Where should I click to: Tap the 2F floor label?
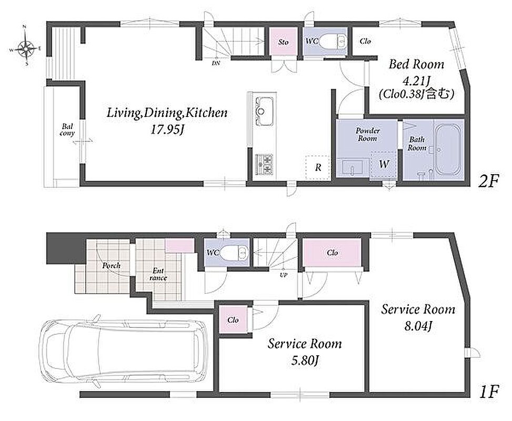[x=488, y=181]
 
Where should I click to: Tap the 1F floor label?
[x=489, y=392]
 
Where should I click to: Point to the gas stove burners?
[x=264, y=164]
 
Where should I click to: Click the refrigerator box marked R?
[x=318, y=167]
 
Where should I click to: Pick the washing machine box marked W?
[x=384, y=164]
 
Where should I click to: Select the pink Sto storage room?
[x=283, y=42]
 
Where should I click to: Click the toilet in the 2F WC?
[x=332, y=42]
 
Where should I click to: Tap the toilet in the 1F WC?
[x=234, y=252]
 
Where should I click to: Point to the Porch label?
[x=112, y=266]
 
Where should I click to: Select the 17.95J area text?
[x=167, y=130]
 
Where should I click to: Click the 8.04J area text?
[x=418, y=326]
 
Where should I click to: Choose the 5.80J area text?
[x=305, y=360]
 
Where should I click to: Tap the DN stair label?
[x=216, y=63]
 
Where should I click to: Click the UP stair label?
[x=283, y=275]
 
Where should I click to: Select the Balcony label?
[x=67, y=129]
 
